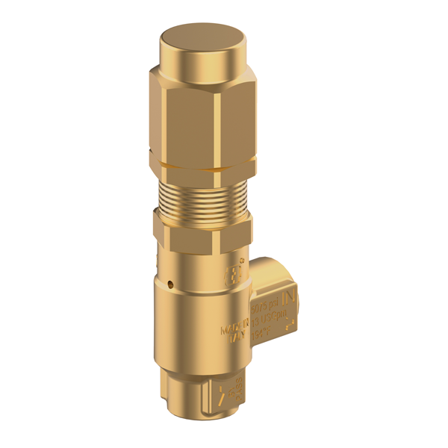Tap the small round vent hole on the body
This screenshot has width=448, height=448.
(x=173, y=284)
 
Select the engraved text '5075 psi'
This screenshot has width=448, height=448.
(x=264, y=306)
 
